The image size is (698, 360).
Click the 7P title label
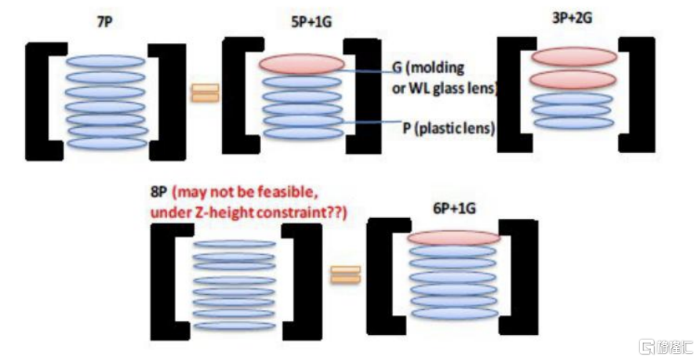coord(105,22)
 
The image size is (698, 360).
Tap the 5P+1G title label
coord(311,22)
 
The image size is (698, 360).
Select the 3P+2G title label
coord(572,18)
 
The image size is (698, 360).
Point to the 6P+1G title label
coord(454,208)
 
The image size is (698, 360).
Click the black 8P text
coord(158,192)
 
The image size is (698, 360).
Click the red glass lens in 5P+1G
coord(302,64)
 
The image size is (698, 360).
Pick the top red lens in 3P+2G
coord(574,56)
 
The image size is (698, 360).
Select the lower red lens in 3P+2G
coord(573,80)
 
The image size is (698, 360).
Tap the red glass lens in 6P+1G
coord(453,238)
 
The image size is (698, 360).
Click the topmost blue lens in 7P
coord(106,61)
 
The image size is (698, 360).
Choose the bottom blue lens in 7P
coord(107,144)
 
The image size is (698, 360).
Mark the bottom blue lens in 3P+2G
coord(574,123)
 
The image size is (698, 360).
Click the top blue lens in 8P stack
coord(234,244)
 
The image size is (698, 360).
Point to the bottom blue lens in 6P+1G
coord(455,313)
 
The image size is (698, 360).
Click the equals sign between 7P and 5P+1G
coord(205,93)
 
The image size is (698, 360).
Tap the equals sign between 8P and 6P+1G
coord(345,275)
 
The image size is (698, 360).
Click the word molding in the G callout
coord(436,68)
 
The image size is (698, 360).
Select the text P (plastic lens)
coord(449,128)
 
